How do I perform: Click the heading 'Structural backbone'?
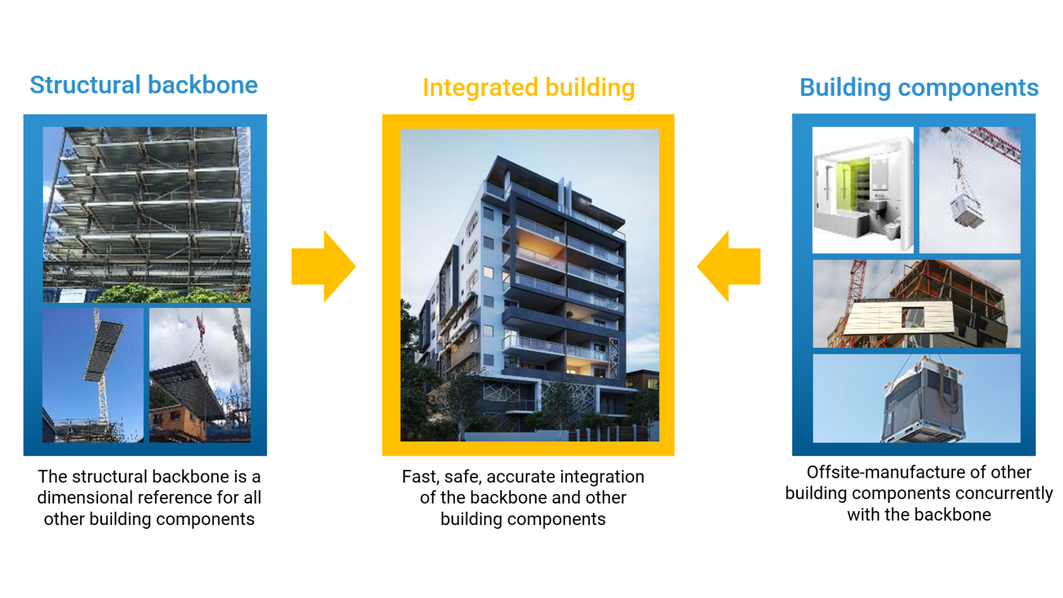click(x=143, y=85)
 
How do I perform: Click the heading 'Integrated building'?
click(x=528, y=88)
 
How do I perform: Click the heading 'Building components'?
click(x=918, y=88)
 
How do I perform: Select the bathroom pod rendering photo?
click(x=863, y=190)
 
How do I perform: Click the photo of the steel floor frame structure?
click(x=147, y=214)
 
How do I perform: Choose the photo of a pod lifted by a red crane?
click(x=969, y=190)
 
